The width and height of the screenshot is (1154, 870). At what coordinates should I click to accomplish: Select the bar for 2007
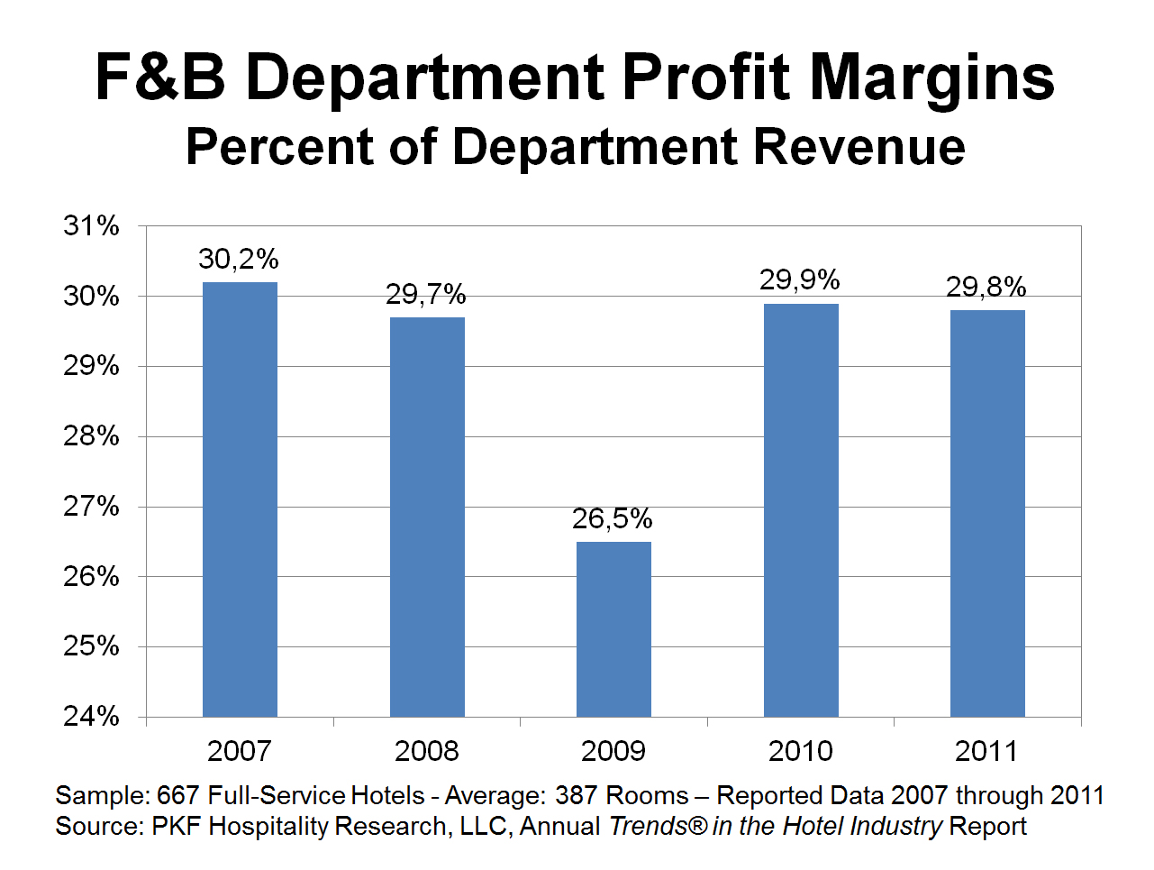tap(240, 499)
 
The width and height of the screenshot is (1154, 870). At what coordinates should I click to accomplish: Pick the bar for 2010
tap(801, 510)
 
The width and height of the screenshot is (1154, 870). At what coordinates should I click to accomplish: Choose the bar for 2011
tap(987, 514)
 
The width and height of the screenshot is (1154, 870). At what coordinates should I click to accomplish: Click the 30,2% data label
tap(239, 260)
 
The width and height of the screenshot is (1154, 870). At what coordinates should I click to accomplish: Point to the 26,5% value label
tap(613, 519)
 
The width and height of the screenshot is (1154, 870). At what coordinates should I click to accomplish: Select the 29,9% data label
tap(800, 280)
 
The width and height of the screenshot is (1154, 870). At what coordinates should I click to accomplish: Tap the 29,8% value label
tap(986, 288)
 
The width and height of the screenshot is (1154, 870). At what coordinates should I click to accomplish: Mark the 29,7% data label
tap(426, 295)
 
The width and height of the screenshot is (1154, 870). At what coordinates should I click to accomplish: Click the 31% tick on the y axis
tap(91, 225)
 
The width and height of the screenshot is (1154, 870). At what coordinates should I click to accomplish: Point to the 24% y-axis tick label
tap(91, 717)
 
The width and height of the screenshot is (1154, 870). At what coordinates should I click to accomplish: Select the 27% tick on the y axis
tap(91, 507)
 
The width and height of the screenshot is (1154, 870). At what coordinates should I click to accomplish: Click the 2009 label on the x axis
tap(613, 751)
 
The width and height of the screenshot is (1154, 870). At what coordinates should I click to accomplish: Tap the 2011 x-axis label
tap(987, 751)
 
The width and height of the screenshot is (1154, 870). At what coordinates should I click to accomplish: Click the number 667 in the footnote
tap(178, 796)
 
